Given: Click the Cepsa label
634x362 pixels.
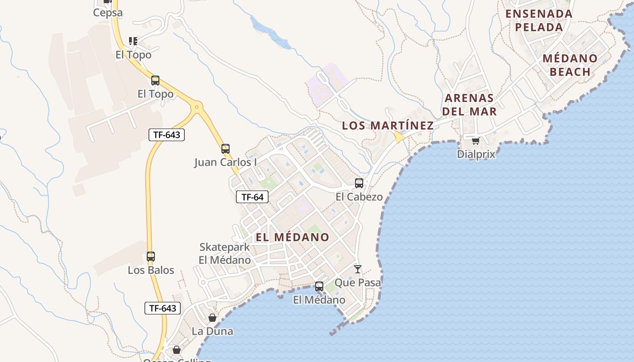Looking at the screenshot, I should [x=108, y=13].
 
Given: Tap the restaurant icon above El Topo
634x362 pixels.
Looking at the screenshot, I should [x=133, y=41].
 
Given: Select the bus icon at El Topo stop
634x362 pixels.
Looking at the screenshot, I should [x=155, y=81].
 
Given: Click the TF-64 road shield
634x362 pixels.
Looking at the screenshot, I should [x=252, y=197].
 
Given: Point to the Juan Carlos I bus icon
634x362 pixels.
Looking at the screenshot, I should [x=226, y=148].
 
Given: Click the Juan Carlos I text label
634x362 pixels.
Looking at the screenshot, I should [x=226, y=162].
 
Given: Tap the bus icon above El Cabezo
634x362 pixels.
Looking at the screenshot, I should [x=359, y=183].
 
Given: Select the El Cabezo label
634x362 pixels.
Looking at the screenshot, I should [x=359, y=197].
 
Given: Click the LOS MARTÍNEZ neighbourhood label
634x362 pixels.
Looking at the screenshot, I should [x=388, y=125].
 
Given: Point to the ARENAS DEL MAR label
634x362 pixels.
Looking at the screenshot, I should [x=469, y=105].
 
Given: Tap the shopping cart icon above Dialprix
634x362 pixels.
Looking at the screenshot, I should [x=475, y=141].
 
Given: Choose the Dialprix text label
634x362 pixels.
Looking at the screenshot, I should [x=476, y=154].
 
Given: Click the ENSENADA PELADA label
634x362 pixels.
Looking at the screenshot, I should [x=539, y=20].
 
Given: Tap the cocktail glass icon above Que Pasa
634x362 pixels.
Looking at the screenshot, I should [x=358, y=269].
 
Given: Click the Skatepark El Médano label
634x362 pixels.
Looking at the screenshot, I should [x=225, y=253].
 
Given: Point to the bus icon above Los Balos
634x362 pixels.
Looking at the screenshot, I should [x=151, y=257].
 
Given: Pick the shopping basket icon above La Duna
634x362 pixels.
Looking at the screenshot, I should [x=212, y=318].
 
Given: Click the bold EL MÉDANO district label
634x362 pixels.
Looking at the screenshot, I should [x=292, y=237].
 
